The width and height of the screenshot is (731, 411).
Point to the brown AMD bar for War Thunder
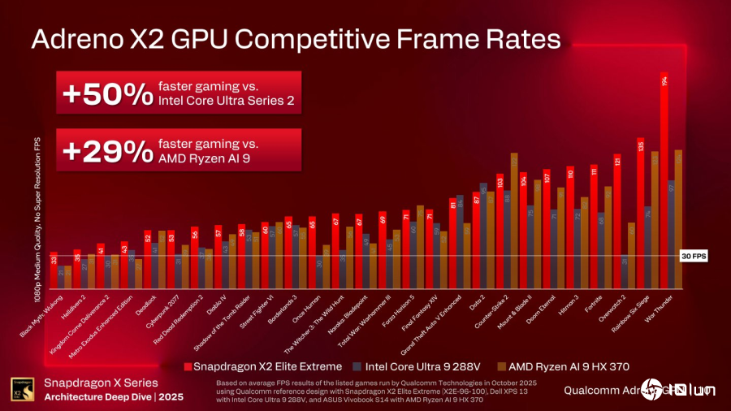point(678,219)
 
